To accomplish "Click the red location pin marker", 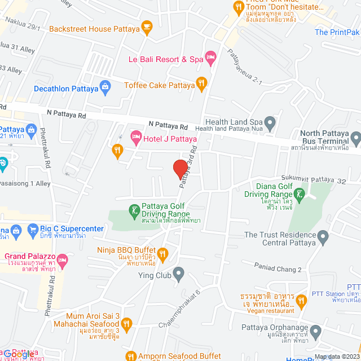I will coord(180,169).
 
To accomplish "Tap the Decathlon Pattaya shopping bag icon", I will coord(104,87).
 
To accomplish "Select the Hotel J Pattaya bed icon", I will coord(136,137).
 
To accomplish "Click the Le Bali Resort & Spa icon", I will coord(210,56).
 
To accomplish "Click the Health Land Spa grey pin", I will coord(270,122).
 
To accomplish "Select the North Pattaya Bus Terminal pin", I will coord(355,137).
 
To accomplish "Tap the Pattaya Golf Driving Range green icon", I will coord(134,212).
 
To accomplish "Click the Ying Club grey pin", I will coord(179,276).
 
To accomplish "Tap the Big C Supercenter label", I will coord(72,228).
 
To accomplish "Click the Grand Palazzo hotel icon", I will coord(62,261).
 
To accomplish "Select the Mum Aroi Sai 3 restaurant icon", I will coord(126,324).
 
